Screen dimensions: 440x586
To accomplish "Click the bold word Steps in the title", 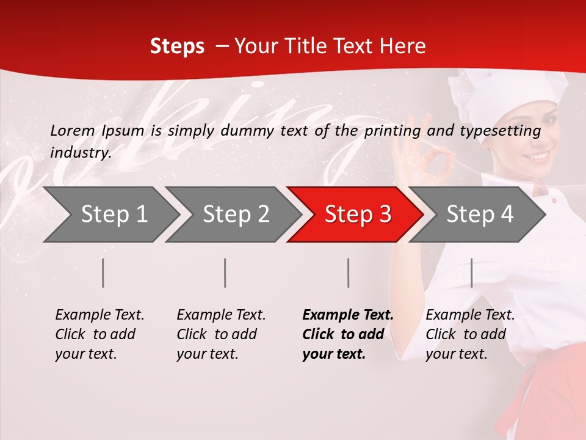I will (x=177, y=46).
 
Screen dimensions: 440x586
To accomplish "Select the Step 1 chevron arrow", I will (x=110, y=214).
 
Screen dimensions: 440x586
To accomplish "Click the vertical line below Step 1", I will (x=103, y=273).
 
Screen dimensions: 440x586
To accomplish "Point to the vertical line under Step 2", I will (x=225, y=273).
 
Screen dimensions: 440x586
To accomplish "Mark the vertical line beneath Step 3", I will (x=349, y=273).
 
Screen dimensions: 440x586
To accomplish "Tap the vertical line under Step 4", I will (x=472, y=273).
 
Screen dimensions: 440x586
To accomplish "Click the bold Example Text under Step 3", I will (x=348, y=315).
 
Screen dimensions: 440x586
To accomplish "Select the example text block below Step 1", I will (x=99, y=334).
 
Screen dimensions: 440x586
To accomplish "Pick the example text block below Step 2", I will (x=221, y=334).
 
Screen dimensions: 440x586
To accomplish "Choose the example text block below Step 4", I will (x=470, y=334).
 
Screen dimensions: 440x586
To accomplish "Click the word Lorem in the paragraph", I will (x=72, y=130).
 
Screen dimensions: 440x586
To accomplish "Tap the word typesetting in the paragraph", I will (x=502, y=131).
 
